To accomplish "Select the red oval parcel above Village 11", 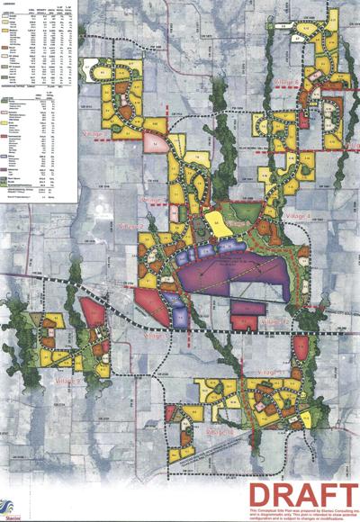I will click(x=301, y=350).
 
